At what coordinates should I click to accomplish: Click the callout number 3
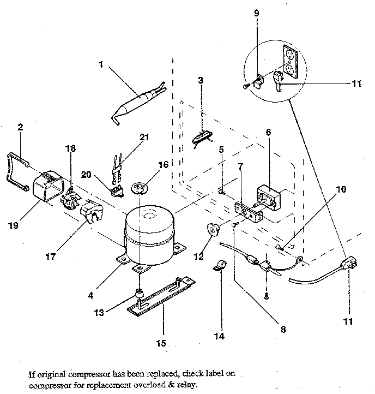201,81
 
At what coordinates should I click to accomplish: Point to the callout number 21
144,139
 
